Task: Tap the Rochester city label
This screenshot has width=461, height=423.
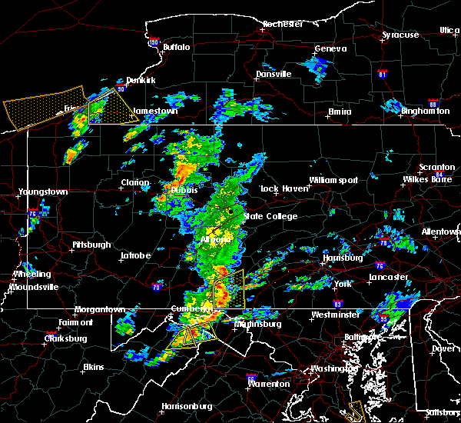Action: (282, 24)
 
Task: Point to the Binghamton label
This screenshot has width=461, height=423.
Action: (425, 112)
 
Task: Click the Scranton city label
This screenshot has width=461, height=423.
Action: (437, 167)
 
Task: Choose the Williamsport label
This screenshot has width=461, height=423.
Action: (333, 180)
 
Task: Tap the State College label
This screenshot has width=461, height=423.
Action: (270, 216)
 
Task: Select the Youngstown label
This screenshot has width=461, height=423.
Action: (44, 192)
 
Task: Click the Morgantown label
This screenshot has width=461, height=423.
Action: (99, 309)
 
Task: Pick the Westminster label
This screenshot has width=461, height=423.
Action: (334, 315)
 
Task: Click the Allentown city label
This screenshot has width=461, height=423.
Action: (441, 231)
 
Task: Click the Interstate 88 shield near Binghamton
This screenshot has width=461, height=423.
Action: (433, 104)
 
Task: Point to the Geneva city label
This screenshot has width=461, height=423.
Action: (330, 48)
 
